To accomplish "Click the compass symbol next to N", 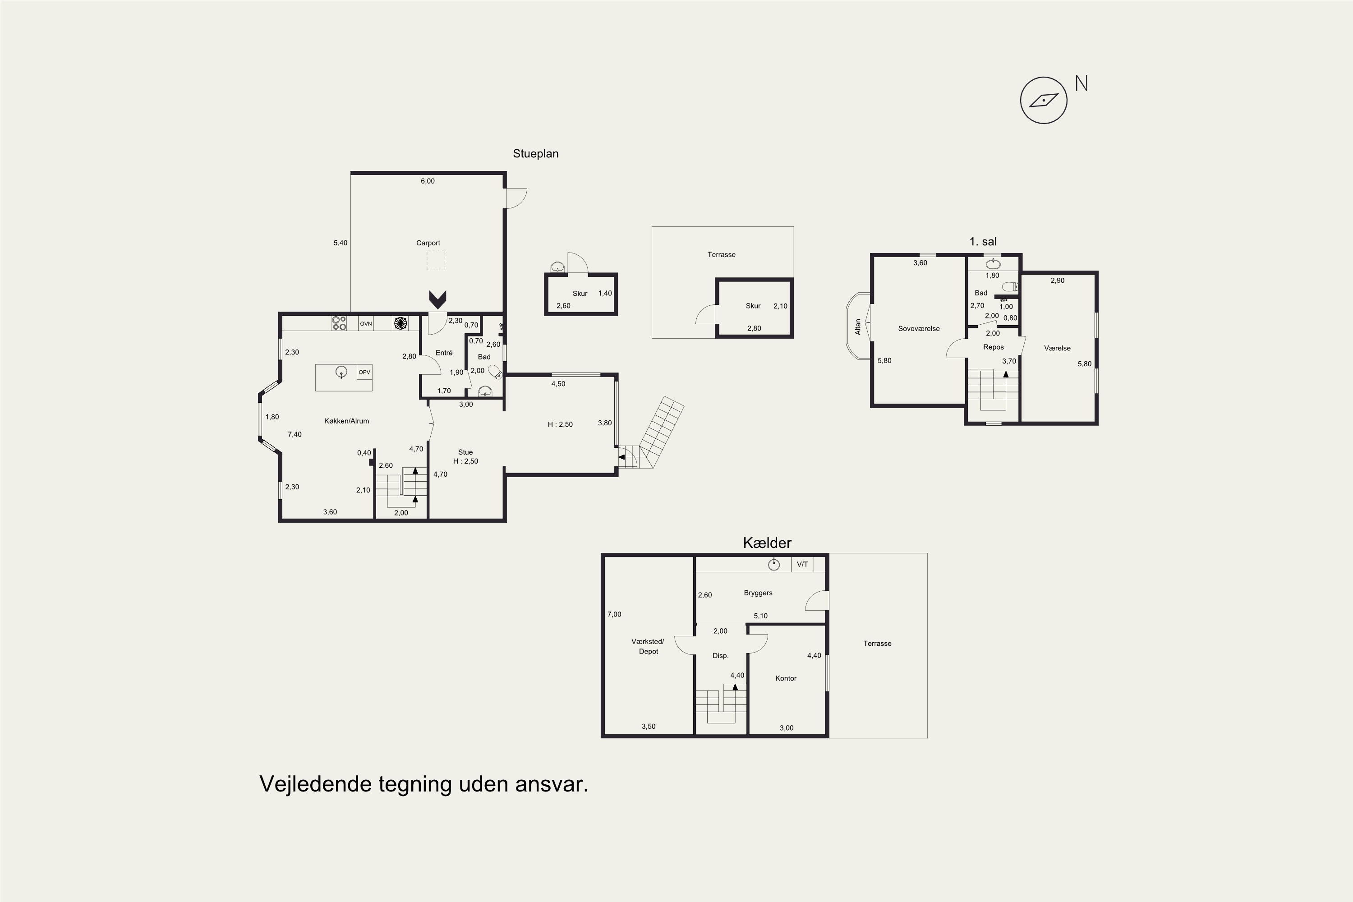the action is pyautogui.click(x=1044, y=100).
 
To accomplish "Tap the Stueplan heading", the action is pyautogui.click(x=536, y=154).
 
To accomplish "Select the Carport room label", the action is pyautogui.click(x=428, y=243).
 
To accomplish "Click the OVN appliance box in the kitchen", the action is pyautogui.click(x=366, y=324).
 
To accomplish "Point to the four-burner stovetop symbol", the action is pyautogui.click(x=339, y=323).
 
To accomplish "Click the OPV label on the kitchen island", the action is pyautogui.click(x=364, y=372).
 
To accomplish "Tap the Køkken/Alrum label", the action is pyautogui.click(x=346, y=421).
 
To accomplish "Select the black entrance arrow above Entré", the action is pyautogui.click(x=438, y=299).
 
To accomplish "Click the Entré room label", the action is pyautogui.click(x=444, y=353).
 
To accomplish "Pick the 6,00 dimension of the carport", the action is pyautogui.click(x=428, y=181).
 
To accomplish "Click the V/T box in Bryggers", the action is pyautogui.click(x=802, y=564).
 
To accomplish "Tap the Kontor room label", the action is pyautogui.click(x=786, y=678).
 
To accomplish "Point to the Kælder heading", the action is pyautogui.click(x=768, y=543).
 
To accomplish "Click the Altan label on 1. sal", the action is pyautogui.click(x=858, y=327).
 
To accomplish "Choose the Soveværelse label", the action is pyautogui.click(x=919, y=328).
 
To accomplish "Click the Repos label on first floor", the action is pyautogui.click(x=994, y=347).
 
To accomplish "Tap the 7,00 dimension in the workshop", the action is pyautogui.click(x=614, y=614).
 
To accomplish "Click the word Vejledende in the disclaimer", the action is pyautogui.click(x=315, y=784).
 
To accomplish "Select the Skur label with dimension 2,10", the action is pyautogui.click(x=753, y=306).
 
